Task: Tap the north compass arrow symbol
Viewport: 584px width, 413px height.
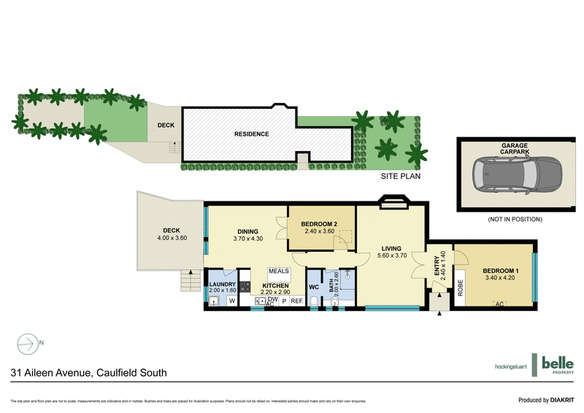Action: click(x=28, y=341)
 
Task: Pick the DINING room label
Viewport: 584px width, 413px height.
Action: click(x=248, y=232)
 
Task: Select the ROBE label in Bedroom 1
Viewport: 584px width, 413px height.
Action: click(x=460, y=285)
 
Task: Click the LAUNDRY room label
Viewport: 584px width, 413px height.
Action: click(x=222, y=284)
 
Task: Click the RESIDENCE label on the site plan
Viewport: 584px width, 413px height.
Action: click(x=252, y=134)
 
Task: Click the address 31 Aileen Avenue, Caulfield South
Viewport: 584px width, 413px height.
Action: click(x=88, y=373)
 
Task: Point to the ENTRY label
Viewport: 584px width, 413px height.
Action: click(x=438, y=266)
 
